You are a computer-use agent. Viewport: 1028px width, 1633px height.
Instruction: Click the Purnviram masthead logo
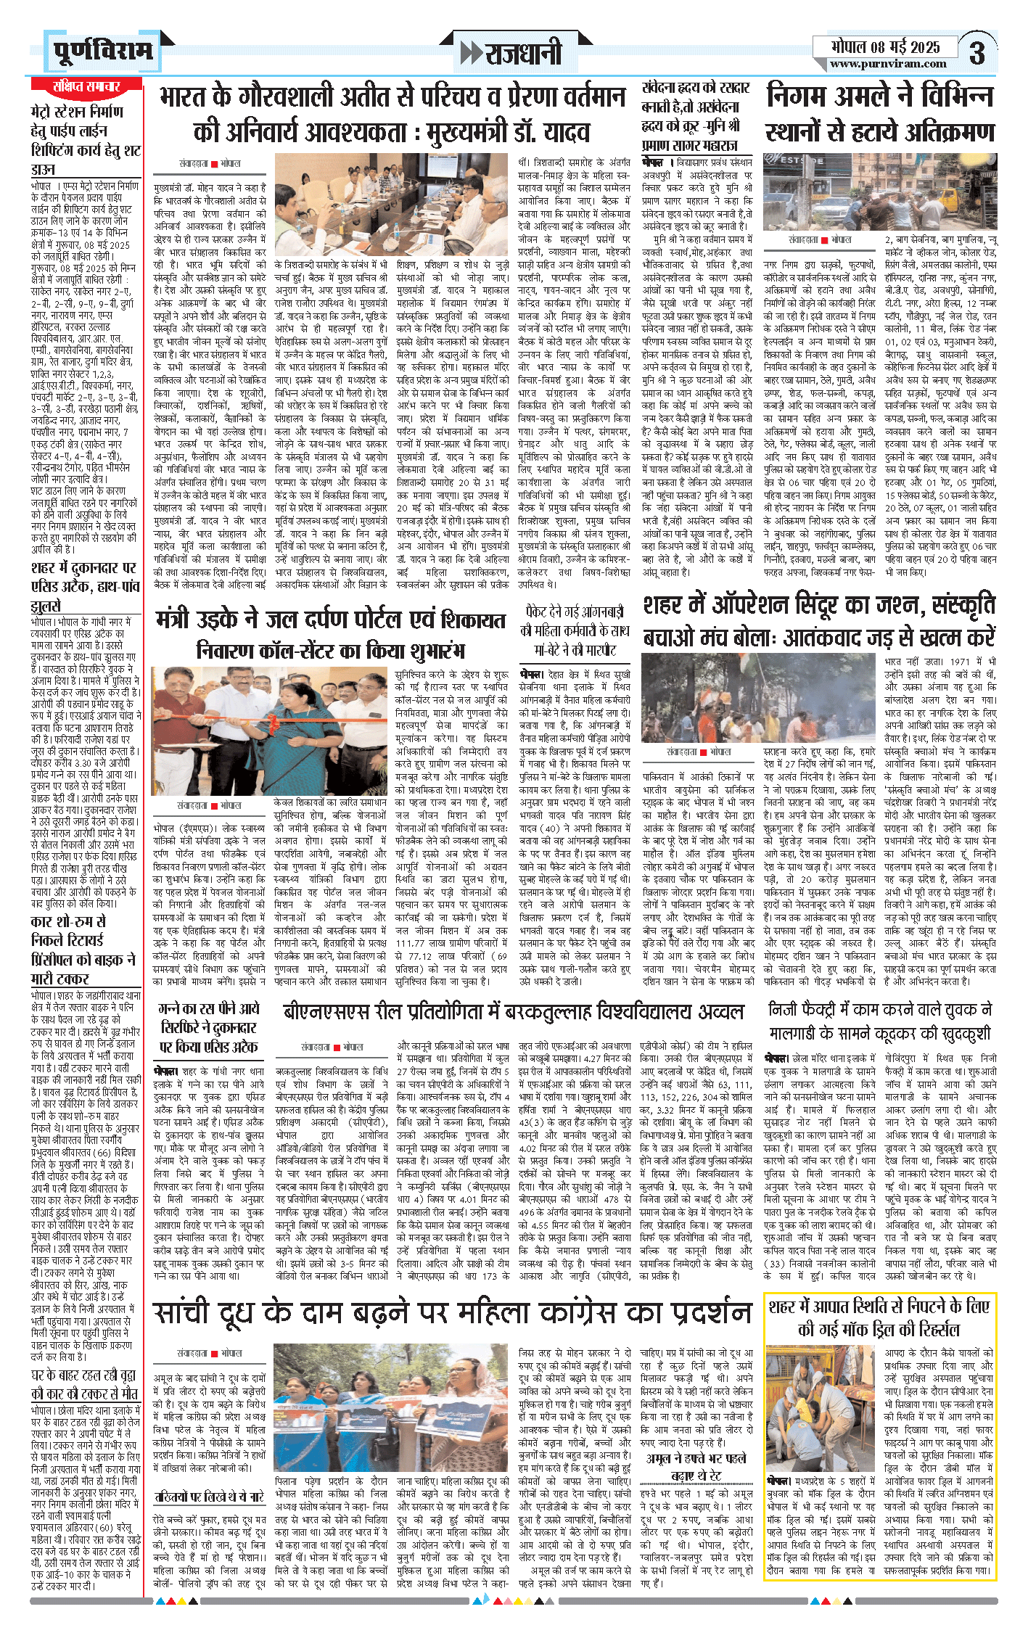tap(104, 51)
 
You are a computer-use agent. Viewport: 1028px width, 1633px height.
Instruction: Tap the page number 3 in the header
tap(976, 53)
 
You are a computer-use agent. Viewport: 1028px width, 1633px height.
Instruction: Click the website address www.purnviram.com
tap(887, 64)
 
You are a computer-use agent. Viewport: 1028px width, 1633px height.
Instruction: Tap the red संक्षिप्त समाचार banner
tap(86, 86)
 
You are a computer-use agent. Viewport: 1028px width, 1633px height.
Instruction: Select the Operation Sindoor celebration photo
tap(760, 696)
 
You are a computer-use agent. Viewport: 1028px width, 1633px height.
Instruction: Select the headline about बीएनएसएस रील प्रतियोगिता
tap(513, 1012)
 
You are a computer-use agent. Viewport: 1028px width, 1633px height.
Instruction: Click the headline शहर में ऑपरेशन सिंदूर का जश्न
tap(819, 621)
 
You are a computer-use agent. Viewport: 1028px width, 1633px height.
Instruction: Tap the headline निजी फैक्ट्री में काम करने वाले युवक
tap(879, 1021)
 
